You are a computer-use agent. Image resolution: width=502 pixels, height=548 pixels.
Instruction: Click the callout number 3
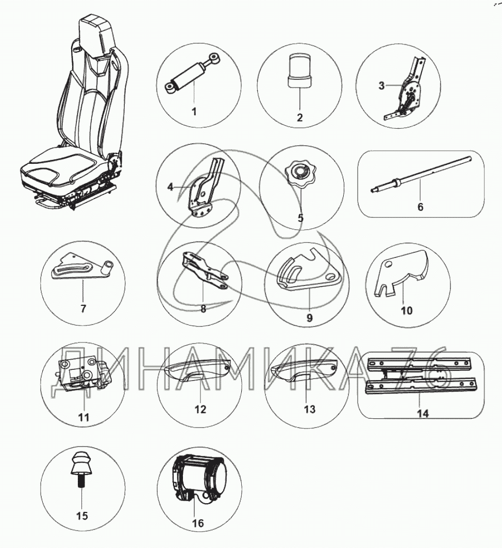pyautogui.click(x=381, y=85)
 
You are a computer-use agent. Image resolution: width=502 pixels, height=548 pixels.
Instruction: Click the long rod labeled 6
pyautogui.click(x=421, y=175)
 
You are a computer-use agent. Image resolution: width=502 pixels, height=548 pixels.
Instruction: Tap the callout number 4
pyautogui.click(x=170, y=187)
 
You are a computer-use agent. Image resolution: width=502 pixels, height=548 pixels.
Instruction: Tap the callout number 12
pyautogui.click(x=200, y=409)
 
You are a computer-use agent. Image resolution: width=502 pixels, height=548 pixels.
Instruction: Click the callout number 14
pyautogui.click(x=423, y=414)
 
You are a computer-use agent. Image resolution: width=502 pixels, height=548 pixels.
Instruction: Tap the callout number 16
pyautogui.click(x=197, y=523)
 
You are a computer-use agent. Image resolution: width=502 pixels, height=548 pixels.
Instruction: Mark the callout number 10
pyautogui.click(x=407, y=311)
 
